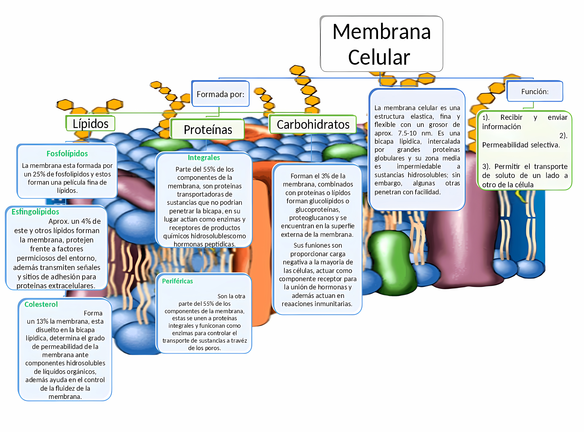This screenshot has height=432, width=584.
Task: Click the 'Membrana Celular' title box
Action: (381, 44)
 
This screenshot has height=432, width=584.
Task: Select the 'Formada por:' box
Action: (220, 94)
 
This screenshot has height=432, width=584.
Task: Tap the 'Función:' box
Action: (535, 91)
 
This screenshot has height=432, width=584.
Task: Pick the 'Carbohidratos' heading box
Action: (313, 125)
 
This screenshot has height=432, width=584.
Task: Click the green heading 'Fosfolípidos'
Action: (67, 153)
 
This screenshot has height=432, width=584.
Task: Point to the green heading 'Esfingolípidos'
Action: (35, 212)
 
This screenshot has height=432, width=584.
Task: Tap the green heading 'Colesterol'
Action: (41, 304)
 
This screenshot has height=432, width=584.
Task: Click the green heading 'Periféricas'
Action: (178, 281)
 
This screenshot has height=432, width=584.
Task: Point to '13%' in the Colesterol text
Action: (42, 321)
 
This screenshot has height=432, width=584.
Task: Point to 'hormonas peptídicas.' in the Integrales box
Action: (204, 244)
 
